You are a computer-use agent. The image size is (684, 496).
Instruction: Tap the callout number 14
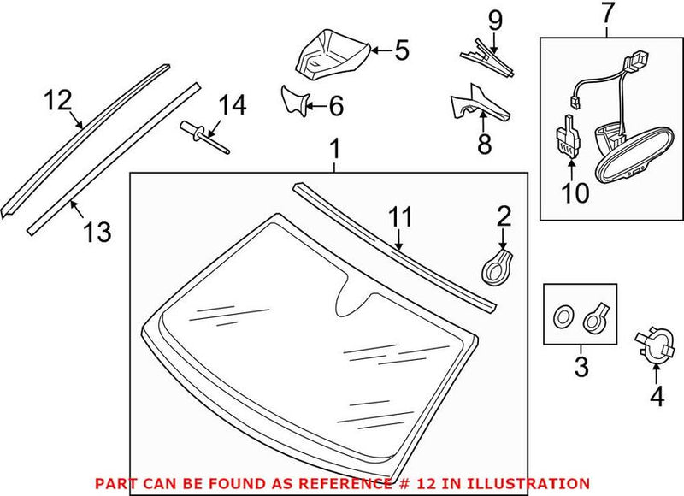231,106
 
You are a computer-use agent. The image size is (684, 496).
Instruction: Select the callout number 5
400,50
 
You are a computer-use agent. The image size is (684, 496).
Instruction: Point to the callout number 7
606,15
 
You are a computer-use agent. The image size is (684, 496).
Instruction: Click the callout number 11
400,216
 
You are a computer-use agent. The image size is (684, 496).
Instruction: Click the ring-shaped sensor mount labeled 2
497,266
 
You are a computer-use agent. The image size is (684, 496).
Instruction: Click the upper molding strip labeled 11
393,248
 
